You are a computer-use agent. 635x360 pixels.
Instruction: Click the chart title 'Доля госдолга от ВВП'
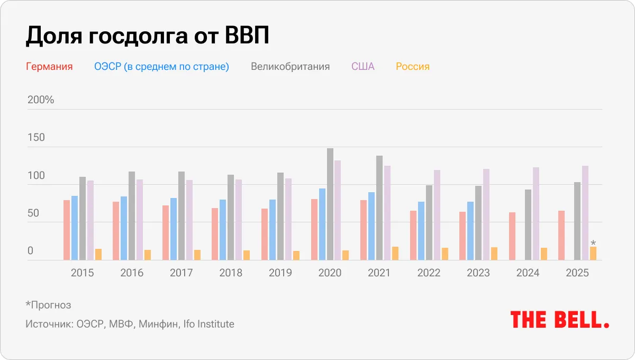[148, 36]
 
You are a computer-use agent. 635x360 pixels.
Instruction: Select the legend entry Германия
[49, 67]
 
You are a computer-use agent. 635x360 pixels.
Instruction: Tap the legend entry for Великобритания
[290, 67]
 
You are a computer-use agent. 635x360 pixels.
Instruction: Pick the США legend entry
[362, 67]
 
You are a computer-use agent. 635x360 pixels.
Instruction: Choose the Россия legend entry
[413, 67]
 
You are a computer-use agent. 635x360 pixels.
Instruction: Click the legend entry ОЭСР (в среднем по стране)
[161, 67]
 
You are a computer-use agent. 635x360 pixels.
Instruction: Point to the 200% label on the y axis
[41, 100]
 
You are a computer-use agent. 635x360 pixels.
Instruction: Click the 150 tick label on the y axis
[36, 138]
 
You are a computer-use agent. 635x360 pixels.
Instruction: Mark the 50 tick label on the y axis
[33, 213]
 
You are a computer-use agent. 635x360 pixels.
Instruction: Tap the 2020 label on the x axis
[330, 273]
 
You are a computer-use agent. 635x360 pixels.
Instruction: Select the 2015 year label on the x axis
[82, 273]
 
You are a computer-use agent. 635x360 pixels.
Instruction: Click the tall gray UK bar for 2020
[330, 204]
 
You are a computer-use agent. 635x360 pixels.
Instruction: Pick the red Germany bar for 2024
[512, 236]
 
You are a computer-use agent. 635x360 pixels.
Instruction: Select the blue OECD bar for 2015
[75, 228]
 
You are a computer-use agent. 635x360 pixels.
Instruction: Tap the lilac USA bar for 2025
[585, 213]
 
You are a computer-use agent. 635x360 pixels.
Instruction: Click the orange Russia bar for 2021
[395, 254]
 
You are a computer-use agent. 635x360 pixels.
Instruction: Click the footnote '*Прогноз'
[48, 305]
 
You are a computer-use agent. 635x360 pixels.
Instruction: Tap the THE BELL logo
[560, 320]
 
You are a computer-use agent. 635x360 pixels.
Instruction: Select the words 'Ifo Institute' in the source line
[208, 324]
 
